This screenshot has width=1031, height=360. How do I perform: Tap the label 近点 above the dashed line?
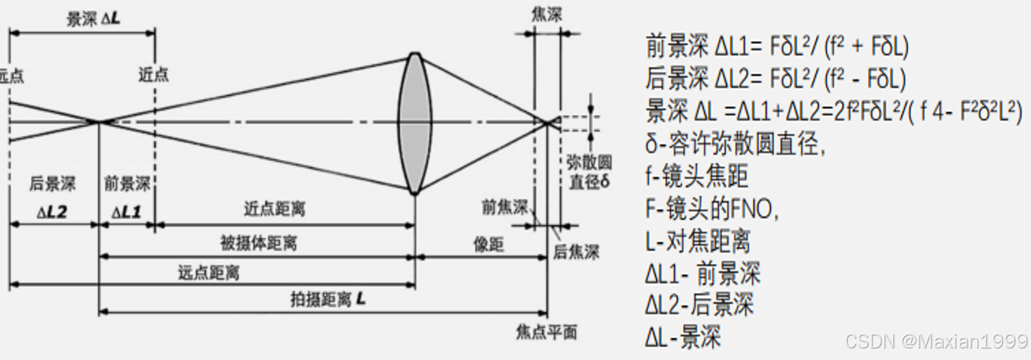[154, 74]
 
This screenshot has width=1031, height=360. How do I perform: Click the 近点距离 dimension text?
[274, 209]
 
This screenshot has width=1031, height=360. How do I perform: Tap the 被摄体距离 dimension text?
[258, 243]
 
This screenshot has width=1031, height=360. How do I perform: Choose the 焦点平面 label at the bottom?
[546, 332]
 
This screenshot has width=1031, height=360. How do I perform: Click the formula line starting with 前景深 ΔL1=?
[776, 47]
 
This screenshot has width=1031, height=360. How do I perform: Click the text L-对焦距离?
[698, 240]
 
